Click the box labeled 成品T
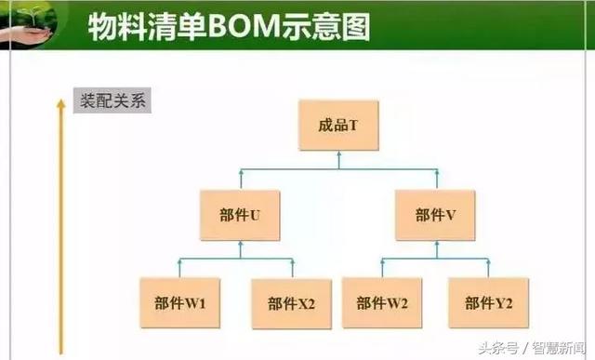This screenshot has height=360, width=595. (338, 124)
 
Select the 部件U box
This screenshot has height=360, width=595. (240, 215)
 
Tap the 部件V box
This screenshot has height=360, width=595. (435, 215)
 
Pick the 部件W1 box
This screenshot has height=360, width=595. (180, 302)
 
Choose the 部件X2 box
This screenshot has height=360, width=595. (291, 302)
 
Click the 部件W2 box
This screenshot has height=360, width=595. (382, 302)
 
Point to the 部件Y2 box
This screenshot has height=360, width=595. (489, 302)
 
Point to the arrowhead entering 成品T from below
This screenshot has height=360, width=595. (338, 154)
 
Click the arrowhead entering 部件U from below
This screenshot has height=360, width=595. (240, 244)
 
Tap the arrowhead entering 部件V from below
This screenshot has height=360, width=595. (435, 244)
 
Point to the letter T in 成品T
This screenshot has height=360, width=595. (353, 124)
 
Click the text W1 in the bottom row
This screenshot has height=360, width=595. (196, 302)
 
